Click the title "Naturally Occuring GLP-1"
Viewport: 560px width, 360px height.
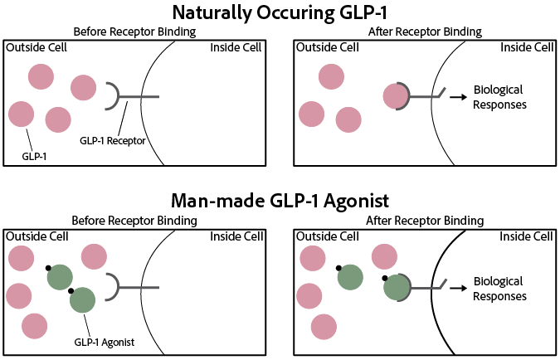coord(280,12)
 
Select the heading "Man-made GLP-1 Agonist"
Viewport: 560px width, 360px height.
coord(280,201)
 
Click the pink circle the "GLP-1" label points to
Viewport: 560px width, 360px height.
coord(20,114)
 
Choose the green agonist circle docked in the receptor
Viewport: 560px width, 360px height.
coord(396,287)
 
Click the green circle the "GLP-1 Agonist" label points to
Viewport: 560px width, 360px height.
coord(83,299)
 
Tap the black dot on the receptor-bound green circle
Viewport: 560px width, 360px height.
coord(384,278)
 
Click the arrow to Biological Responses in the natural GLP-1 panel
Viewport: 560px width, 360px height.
coord(456,97)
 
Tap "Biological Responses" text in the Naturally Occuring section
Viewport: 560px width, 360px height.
coord(499,97)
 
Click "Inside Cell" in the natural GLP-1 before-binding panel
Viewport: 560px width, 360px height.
coord(237,46)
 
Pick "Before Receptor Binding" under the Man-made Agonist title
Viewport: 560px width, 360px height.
coord(134,221)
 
